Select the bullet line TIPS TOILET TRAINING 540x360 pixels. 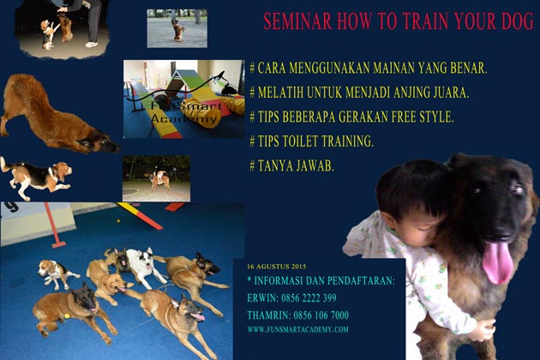click(x=311, y=141)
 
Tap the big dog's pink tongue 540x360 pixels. click(x=496, y=261)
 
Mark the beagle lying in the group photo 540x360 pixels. click(x=57, y=273)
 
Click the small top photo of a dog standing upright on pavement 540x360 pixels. click(x=177, y=27)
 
